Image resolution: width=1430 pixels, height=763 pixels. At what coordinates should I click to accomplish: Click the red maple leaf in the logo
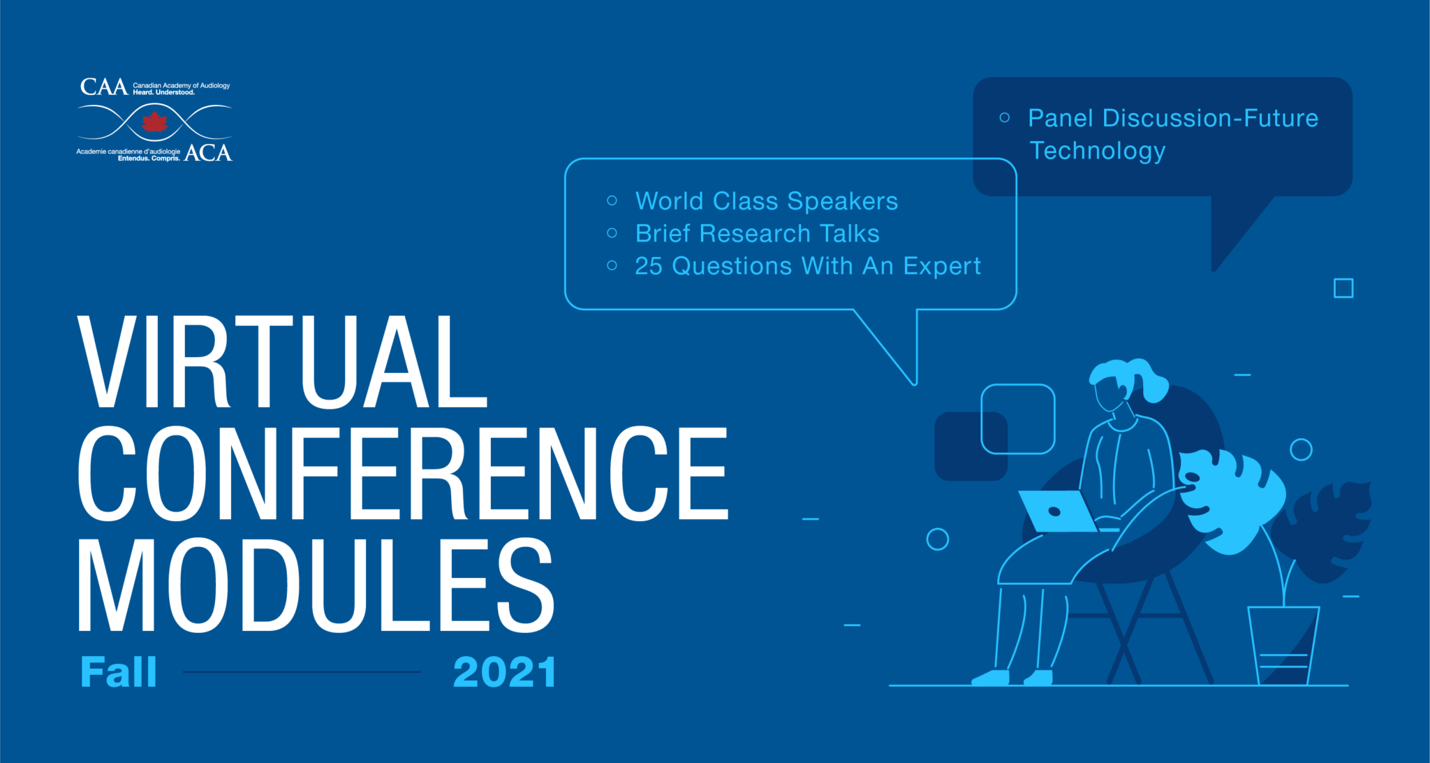coord(154,123)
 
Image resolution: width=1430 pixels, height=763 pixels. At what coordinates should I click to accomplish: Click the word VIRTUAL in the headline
coord(282,361)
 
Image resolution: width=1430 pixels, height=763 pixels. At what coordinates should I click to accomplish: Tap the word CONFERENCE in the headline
coord(403,473)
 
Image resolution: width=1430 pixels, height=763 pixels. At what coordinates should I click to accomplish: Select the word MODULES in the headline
coord(316,586)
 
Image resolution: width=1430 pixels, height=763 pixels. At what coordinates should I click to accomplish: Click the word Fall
coord(119,672)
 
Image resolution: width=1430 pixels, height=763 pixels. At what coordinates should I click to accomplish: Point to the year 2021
coord(505,672)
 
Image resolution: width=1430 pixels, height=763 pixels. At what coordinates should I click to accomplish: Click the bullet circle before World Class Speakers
coord(612,201)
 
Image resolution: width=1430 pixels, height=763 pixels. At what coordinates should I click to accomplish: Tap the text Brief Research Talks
coord(758,233)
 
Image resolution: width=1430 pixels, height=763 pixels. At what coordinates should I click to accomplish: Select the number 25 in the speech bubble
coord(649,266)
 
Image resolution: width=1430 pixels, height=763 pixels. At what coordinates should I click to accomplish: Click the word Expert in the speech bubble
coord(942,267)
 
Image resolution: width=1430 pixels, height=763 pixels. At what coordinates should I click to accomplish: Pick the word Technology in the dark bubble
coord(1098,152)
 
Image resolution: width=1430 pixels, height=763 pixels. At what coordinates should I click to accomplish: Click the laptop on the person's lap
coord(1057,511)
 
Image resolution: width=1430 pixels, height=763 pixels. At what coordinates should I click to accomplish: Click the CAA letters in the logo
coord(104,87)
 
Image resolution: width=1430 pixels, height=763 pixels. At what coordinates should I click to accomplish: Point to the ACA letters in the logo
coord(208,152)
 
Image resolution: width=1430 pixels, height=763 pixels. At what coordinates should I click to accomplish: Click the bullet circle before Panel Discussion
coord(1005,117)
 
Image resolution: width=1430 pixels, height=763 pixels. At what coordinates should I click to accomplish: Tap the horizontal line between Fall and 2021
coord(302,672)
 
